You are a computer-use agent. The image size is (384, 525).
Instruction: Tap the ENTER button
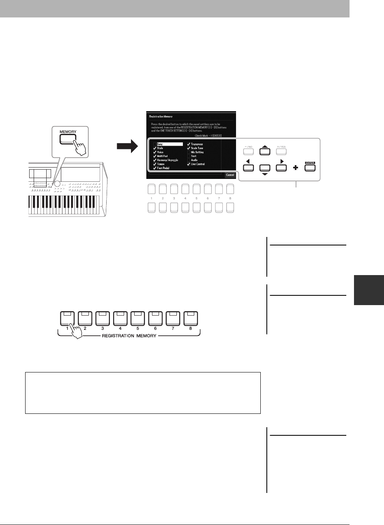310,167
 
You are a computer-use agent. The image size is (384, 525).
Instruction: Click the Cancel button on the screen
230,175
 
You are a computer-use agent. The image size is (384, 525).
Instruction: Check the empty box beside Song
154,144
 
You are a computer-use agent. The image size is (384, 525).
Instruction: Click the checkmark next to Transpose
189,144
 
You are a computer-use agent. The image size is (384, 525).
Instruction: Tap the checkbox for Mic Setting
189,152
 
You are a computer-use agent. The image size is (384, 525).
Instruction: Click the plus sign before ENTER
296,167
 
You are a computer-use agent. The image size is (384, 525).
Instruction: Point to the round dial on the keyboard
58,183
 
